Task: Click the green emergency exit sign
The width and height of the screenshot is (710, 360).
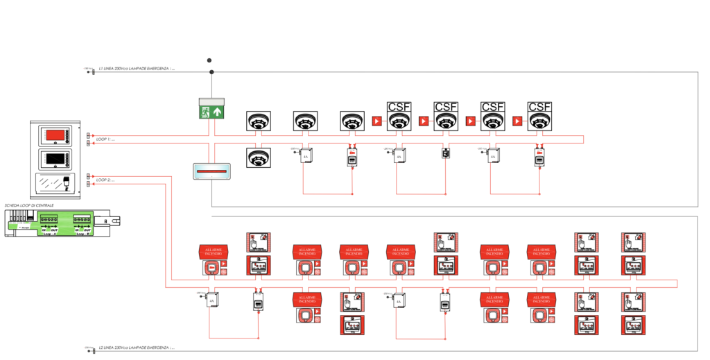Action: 212,109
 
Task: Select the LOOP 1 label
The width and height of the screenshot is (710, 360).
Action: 105,139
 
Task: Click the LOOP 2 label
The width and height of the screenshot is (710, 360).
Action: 105,180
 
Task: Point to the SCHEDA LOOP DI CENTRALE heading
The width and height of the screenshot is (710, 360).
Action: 29,205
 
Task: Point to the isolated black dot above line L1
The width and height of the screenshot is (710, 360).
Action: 209,60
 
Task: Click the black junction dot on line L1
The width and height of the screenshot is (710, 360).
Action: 211,71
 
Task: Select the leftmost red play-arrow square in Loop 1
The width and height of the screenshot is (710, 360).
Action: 378,121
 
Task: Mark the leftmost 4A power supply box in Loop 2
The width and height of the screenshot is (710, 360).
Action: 212,299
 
